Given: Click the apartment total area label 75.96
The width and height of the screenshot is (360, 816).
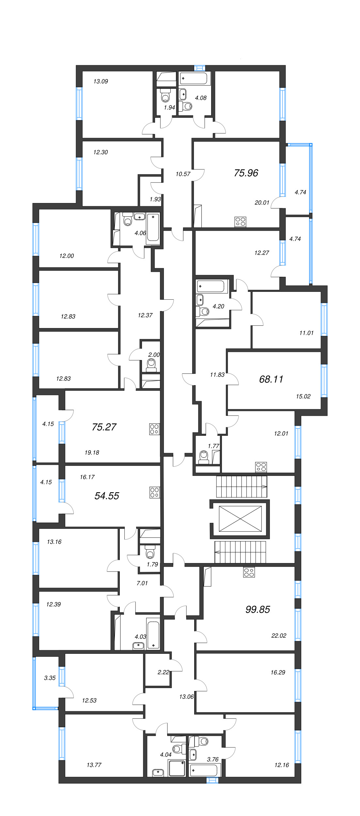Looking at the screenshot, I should tap(246, 173).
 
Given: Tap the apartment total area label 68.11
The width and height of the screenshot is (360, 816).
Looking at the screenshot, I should tap(271, 379).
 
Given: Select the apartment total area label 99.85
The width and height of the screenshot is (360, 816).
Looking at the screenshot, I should tap(258, 609).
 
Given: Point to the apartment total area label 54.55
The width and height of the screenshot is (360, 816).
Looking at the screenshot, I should tap(107, 496).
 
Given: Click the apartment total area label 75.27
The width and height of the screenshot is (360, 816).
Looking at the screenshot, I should tap(104, 427).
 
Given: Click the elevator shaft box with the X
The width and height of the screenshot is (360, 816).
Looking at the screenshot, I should tap(240, 519).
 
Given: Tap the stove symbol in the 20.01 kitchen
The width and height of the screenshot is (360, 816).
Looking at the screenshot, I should tap(240, 222).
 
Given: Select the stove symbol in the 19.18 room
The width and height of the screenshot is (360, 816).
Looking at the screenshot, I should tap(154, 429).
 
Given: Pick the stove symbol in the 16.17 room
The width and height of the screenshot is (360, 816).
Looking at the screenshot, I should tap(155, 493).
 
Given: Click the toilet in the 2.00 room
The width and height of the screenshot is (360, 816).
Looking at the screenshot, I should tap(151, 365).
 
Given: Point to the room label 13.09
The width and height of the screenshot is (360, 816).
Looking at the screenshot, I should tap(101, 82).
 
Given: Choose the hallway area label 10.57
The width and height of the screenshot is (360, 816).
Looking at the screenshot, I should tap(183, 174).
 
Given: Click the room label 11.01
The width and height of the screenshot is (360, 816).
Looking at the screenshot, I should tap(306, 333).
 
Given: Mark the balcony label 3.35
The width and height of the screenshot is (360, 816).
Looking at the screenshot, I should tap(50, 678).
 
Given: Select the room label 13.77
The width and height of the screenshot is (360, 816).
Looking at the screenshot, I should tap(94, 765).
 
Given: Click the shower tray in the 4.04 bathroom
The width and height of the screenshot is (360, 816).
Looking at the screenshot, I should tap(177, 768).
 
